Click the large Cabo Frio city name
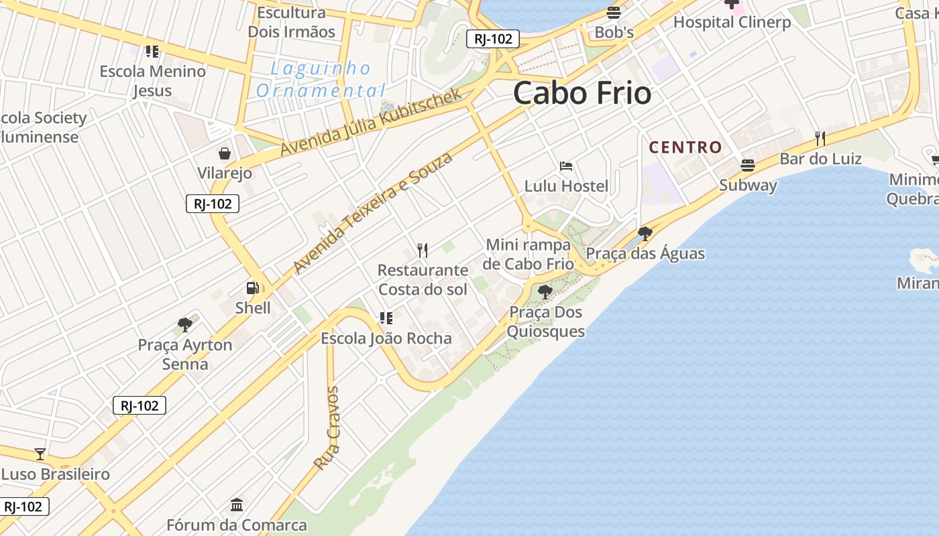point(582,93)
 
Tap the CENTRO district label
point(685,147)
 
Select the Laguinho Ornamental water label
point(321,79)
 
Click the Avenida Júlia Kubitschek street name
point(372,122)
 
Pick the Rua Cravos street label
point(327,427)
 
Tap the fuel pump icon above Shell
point(253,288)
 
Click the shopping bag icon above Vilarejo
point(225,153)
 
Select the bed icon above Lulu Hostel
point(566,166)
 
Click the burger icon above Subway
point(748,165)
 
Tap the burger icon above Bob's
point(614,13)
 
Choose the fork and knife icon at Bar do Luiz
point(820,139)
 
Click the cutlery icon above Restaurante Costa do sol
point(423,251)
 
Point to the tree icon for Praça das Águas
point(645,234)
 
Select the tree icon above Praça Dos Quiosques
point(545,292)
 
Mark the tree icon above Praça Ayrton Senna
point(185,326)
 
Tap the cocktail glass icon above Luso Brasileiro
point(40,454)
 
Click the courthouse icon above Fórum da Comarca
point(237,505)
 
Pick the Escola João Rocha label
point(386,338)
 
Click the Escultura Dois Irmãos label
point(292,22)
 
